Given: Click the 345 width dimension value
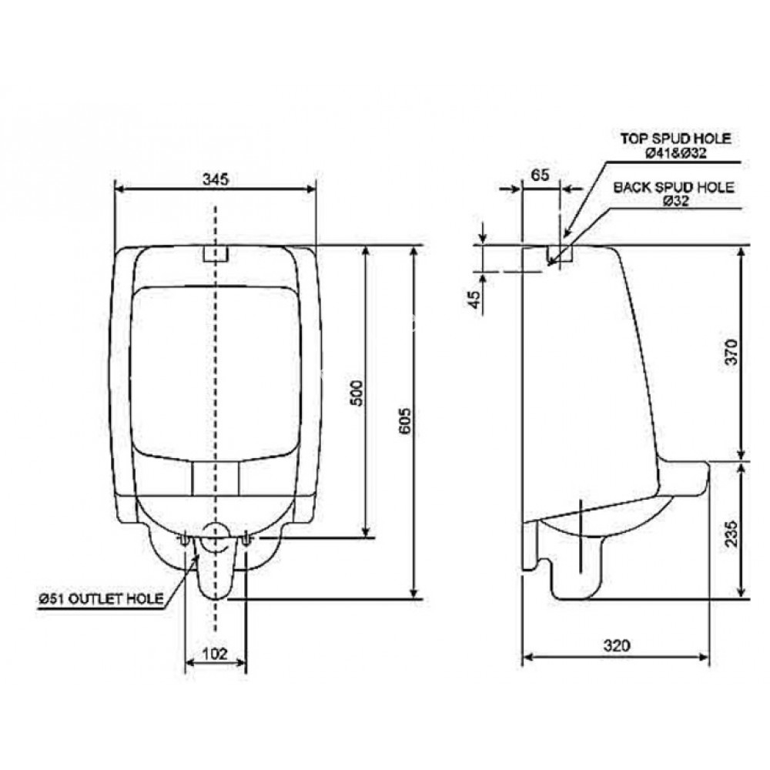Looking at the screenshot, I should click(216, 179).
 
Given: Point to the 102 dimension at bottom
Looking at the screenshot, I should click(216, 654).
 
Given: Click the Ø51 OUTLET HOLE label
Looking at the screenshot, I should click(103, 599).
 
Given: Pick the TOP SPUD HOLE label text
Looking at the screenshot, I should click(675, 139).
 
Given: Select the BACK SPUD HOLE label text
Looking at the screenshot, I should click(674, 187).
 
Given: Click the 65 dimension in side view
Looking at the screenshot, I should click(541, 175).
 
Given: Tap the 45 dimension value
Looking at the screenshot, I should click(475, 300).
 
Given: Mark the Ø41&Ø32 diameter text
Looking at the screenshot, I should click(675, 152).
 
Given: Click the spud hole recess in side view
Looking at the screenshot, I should click(559, 255).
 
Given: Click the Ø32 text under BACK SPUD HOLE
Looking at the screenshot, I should click(675, 200).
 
